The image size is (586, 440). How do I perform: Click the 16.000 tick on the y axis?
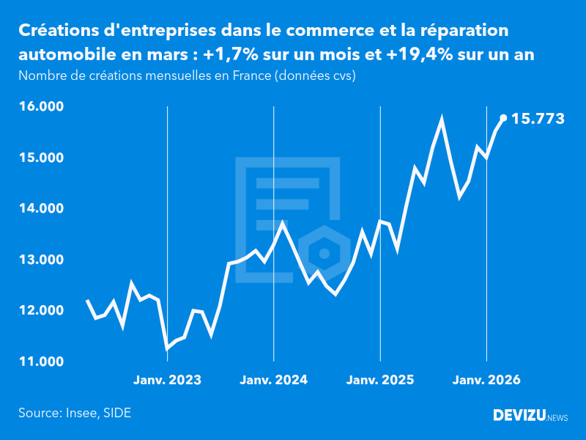[x=41, y=107]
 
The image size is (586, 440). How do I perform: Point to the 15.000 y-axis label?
[x=41, y=158]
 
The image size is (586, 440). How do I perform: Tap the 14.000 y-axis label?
[x=41, y=209]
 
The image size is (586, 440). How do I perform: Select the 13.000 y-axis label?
[x=41, y=260]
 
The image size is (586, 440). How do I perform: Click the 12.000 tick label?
[x=41, y=311]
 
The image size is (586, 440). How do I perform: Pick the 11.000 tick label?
[x=41, y=362]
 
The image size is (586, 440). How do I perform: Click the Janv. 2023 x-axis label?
[x=167, y=380]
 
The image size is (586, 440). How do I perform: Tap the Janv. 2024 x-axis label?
[x=274, y=380]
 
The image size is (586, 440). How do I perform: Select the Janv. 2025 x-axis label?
[x=380, y=380]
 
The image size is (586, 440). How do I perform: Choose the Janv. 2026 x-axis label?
[x=487, y=380]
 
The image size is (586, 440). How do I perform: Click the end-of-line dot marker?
[x=503, y=117]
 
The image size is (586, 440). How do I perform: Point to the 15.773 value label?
[x=538, y=118]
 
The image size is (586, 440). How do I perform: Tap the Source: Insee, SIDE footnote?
[x=75, y=413]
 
